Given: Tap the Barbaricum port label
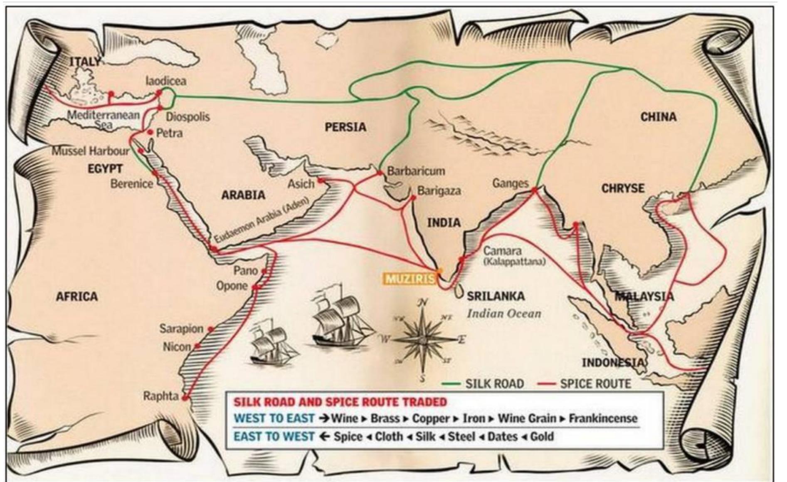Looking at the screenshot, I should tap(416, 171).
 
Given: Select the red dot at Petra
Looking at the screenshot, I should tap(150, 132).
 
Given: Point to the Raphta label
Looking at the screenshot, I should tap(161, 396).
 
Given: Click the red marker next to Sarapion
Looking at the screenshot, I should tap(211, 329).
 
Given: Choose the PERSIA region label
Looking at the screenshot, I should tap(345, 126).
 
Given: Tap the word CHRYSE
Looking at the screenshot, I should tap(623, 188).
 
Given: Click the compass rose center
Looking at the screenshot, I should tap(422, 340).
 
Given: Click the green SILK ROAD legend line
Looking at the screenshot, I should tap(451, 383).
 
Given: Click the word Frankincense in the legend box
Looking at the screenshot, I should tap(603, 418).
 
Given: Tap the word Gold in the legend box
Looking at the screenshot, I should tap(542, 437).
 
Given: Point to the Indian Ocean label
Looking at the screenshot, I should tap(504, 313).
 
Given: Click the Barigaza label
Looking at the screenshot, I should tap(439, 191).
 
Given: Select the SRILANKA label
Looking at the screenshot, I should tap(496, 296).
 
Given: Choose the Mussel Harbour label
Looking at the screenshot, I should tap(90, 151).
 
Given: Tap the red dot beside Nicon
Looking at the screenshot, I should tap(197, 346).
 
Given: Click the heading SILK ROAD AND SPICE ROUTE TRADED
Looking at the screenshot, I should tap(340, 402).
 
